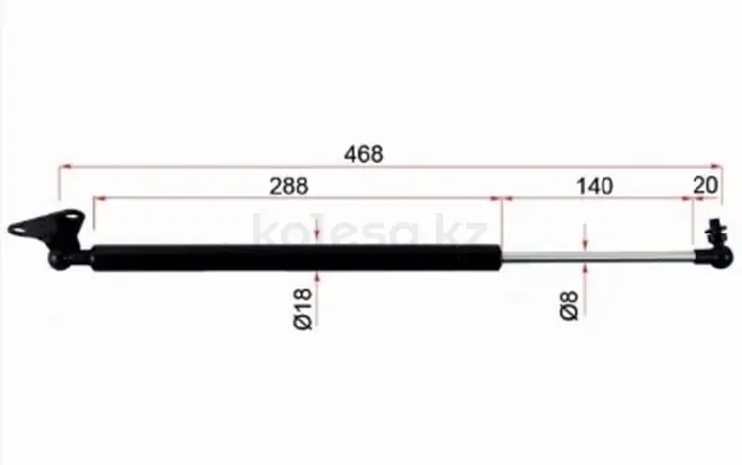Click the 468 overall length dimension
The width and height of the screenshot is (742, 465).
coord(363,154)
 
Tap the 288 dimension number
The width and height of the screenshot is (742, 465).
coord(289,186)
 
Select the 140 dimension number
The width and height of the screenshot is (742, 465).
coord(595,186)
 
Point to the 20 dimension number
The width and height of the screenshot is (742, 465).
coord(705,185)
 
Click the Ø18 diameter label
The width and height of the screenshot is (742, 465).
coord(303,309)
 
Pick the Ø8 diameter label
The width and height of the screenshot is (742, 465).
coord(568,306)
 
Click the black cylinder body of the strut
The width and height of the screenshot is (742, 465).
coord(296,258)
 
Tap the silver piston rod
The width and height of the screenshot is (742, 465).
coord(598,255)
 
